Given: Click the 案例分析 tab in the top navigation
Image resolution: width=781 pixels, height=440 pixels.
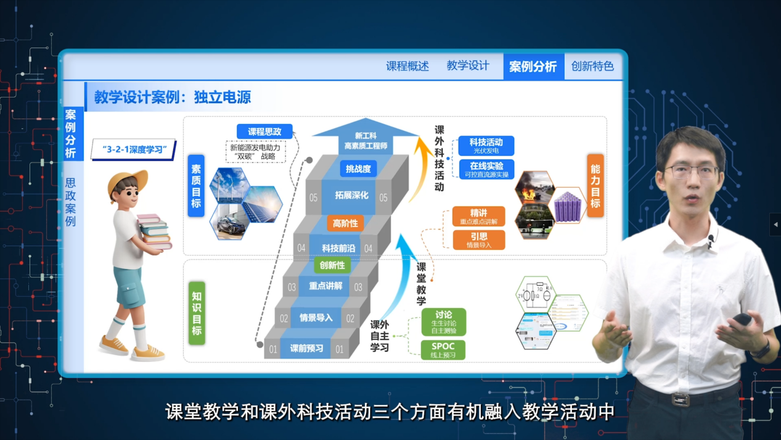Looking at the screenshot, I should pyautogui.click(x=533, y=67).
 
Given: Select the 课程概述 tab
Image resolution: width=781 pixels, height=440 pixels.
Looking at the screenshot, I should pyautogui.click(x=407, y=67).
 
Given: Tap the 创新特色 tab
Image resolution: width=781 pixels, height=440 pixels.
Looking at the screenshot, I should pyautogui.click(x=592, y=67).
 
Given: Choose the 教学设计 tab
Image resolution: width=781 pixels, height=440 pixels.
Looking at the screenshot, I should pyautogui.click(x=468, y=66).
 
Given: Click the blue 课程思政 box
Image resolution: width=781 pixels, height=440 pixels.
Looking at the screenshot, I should pyautogui.click(x=264, y=131).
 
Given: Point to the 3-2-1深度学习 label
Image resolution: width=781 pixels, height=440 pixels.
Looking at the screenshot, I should pyautogui.click(x=134, y=149).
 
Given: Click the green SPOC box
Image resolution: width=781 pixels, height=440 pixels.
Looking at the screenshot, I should pyautogui.click(x=443, y=349).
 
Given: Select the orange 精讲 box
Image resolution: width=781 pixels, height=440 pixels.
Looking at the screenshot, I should pyautogui.click(x=479, y=217).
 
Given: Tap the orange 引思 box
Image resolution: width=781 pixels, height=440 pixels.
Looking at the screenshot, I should pyautogui.click(x=479, y=240).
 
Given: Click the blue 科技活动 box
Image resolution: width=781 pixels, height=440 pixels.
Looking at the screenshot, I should pyautogui.click(x=486, y=146).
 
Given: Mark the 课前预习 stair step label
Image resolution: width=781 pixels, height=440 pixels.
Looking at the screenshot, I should pyautogui.click(x=307, y=349).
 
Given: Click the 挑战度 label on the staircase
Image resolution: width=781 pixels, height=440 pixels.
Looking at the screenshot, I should pyautogui.click(x=358, y=168).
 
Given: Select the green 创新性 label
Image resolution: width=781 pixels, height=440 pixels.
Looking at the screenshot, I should pyautogui.click(x=332, y=265).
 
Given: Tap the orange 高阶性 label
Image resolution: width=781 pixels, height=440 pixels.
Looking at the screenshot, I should pyautogui.click(x=345, y=223).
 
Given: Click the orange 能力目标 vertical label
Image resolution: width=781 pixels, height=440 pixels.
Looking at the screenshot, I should pyautogui.click(x=595, y=186).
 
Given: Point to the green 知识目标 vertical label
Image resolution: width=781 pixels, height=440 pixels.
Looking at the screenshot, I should pyautogui.click(x=197, y=313).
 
